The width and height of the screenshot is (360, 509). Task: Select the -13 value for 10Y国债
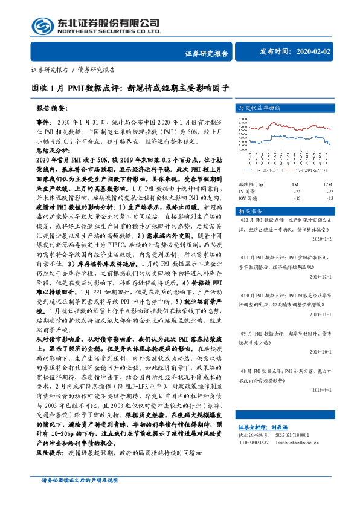click(329, 198)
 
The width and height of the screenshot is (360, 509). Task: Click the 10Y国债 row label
click(249, 198)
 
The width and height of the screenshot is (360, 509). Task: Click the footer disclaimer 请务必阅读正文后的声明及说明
click(79, 496)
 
